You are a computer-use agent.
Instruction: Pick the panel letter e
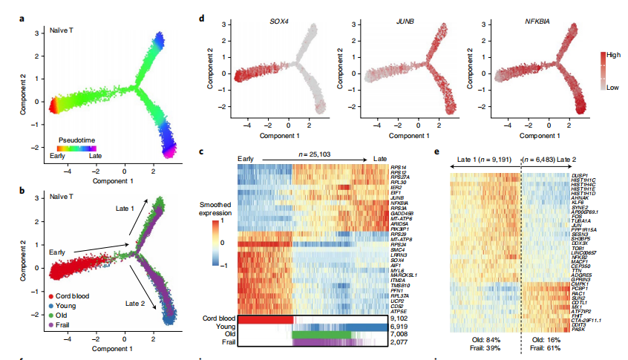[x=436, y=152]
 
